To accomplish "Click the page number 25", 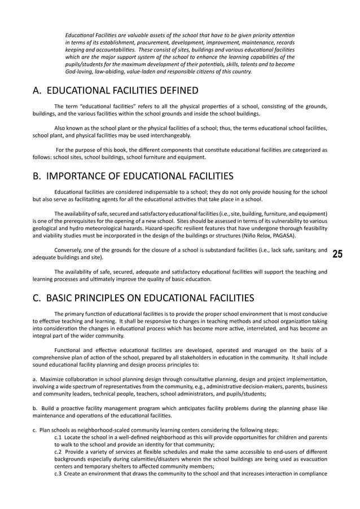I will [337, 254].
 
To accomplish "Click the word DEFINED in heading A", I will [174, 90].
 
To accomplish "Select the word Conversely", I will [68, 250].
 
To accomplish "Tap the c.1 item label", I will [59, 437].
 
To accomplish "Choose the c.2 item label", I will [59, 453].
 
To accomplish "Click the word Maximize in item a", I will [51, 379].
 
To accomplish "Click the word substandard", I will [223, 250].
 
